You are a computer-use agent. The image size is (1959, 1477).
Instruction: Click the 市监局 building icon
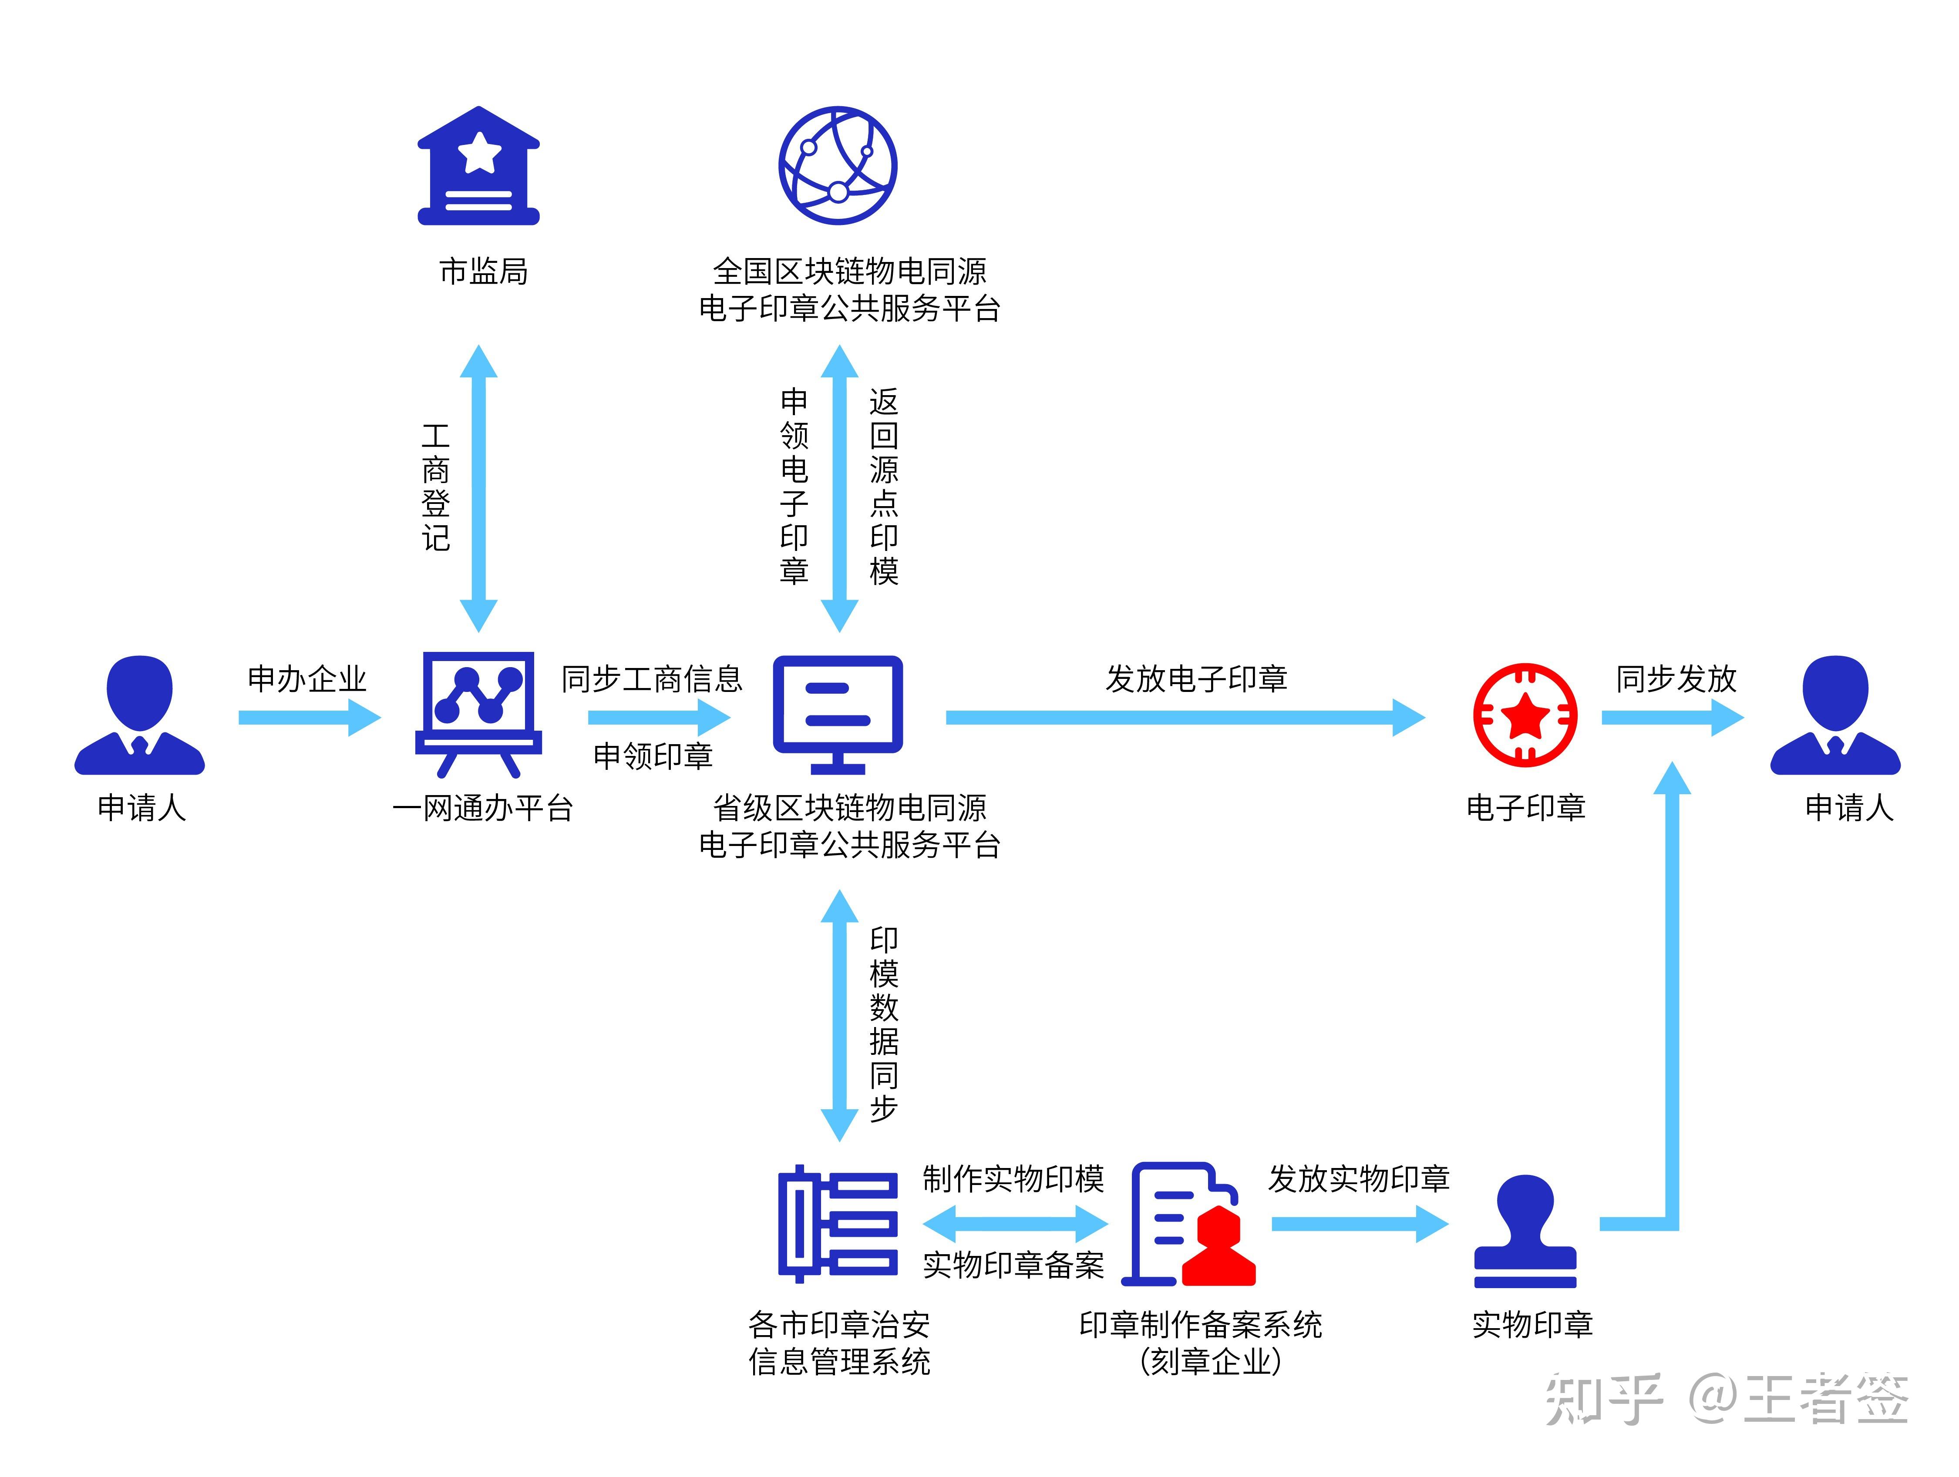click(x=478, y=167)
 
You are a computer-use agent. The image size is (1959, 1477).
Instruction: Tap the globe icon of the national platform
click(x=837, y=166)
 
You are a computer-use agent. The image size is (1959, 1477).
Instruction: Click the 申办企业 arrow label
click(x=306, y=679)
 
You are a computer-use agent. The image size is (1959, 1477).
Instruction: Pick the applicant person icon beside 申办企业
click(x=140, y=715)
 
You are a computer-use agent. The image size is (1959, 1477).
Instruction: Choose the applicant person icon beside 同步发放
click(x=1835, y=715)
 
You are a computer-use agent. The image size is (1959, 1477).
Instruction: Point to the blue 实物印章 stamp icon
click(x=1525, y=1231)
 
